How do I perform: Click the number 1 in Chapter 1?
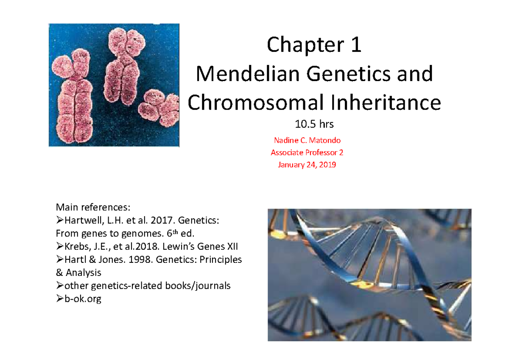click(356, 45)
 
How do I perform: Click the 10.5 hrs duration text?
click(314, 124)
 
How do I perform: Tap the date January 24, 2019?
click(307, 165)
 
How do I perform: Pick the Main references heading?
click(94, 208)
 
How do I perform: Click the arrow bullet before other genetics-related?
click(60, 286)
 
